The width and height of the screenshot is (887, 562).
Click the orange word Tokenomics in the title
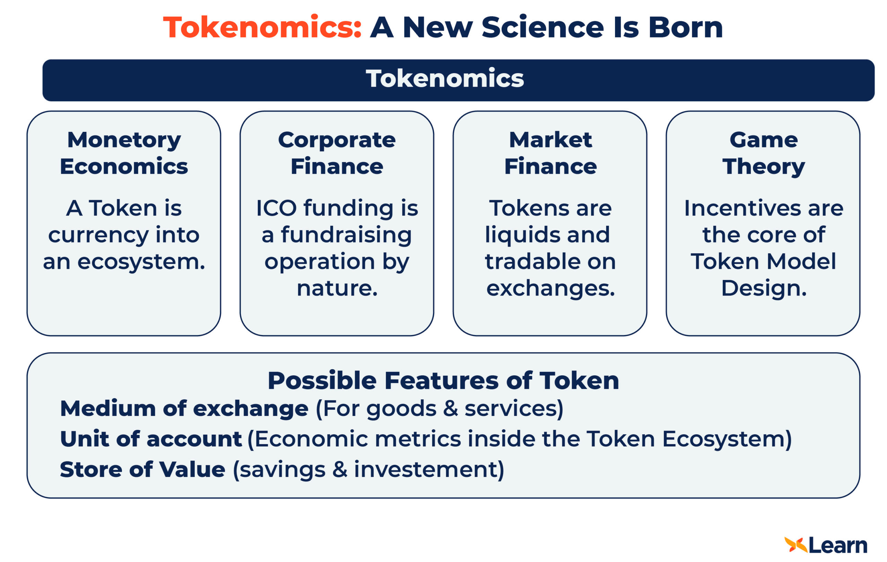pos(262,27)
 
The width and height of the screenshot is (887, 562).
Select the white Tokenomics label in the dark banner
pos(445,78)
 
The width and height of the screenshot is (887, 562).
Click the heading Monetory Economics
pos(124,153)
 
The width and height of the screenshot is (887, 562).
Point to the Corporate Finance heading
pos(337,153)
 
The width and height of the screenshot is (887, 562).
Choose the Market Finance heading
pos(550,153)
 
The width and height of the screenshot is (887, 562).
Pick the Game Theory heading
pos(764,153)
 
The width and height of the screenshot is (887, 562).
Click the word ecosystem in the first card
pos(141,262)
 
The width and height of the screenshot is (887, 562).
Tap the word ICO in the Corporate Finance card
pos(276,208)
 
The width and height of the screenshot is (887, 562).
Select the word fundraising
pos(346,235)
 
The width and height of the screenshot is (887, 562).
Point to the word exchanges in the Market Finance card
pos(550,288)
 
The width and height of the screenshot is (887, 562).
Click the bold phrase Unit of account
pos(151,439)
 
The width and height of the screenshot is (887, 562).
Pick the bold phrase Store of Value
pos(142,469)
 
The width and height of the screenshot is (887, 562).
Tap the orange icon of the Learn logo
pos(796,545)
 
